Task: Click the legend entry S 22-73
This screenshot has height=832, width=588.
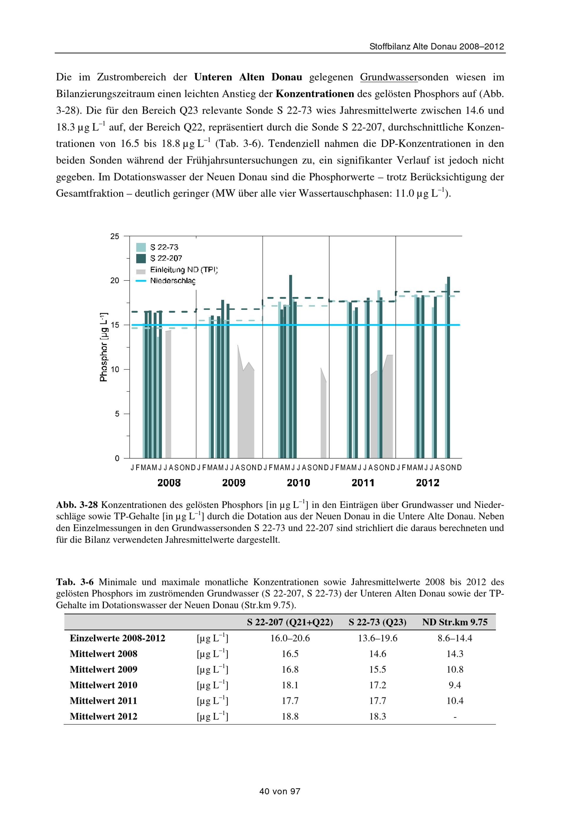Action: [164, 247]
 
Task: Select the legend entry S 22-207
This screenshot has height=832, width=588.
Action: [166, 258]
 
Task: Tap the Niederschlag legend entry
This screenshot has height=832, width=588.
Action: [173, 281]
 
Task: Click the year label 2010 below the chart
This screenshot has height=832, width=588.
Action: [298, 483]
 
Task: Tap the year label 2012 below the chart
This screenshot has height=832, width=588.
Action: [427, 483]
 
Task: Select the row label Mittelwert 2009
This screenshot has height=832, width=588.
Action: [103, 669]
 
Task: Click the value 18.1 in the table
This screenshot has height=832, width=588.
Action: [290, 685]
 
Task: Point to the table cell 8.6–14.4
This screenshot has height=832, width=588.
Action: [455, 638]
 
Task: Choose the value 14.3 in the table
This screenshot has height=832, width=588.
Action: [455, 654]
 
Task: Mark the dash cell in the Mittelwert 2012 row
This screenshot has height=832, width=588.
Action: [455, 716]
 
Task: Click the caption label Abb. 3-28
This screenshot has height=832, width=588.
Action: [77, 505]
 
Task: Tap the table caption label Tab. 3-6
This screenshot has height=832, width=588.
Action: [75, 582]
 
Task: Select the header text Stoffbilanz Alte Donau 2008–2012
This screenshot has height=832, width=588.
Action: [437, 47]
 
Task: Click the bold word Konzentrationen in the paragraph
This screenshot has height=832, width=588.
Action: [315, 94]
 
